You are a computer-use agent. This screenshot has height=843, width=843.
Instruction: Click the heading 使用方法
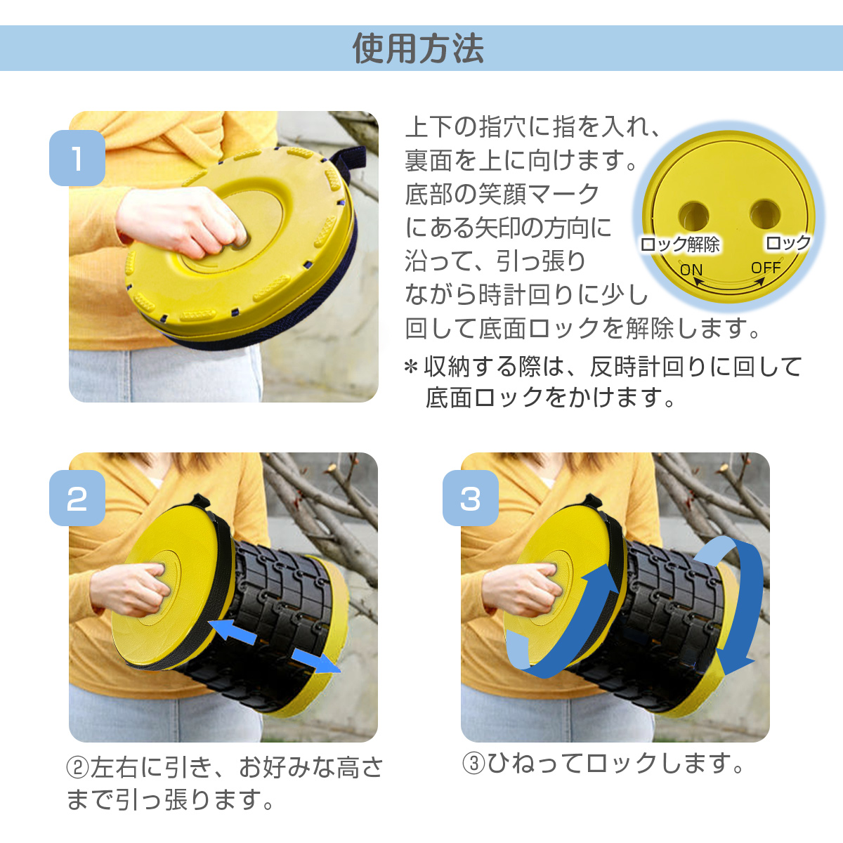pyautogui.click(x=419, y=48)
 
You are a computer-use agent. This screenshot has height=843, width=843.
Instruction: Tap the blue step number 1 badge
pyautogui.click(x=77, y=158)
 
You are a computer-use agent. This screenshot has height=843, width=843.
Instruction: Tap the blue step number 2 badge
pyautogui.click(x=77, y=498)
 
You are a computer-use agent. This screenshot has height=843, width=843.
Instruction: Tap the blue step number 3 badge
pyautogui.click(x=470, y=498)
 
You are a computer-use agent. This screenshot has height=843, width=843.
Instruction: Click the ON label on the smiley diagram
pyautogui.click(x=691, y=270)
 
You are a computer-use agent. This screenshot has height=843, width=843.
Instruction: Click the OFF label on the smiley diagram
pyautogui.click(x=766, y=268)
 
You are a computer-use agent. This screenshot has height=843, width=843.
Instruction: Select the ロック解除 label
pyautogui.click(x=680, y=244)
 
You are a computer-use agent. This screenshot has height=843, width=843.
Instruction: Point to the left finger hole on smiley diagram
pyautogui.click(x=693, y=214)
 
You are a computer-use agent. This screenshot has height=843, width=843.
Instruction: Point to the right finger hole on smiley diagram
pyautogui.click(x=765, y=213)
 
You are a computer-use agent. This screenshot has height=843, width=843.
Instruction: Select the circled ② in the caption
pyautogui.click(x=77, y=768)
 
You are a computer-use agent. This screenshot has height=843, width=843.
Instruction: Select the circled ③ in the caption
pyautogui.click(x=474, y=764)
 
